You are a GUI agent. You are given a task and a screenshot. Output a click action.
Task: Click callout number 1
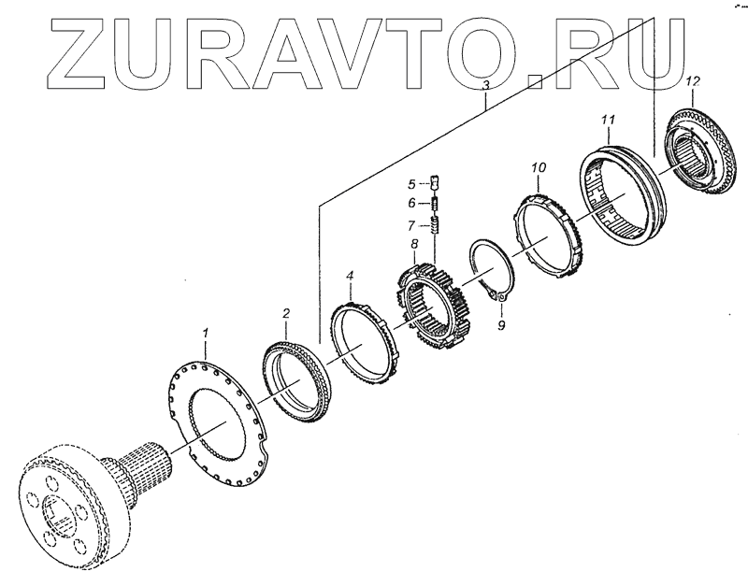tap(207, 333)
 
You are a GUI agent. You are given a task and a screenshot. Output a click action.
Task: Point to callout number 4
tap(350, 276)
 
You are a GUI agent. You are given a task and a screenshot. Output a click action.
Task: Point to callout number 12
tap(691, 82)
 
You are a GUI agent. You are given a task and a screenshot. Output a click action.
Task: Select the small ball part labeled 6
tap(435, 203)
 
